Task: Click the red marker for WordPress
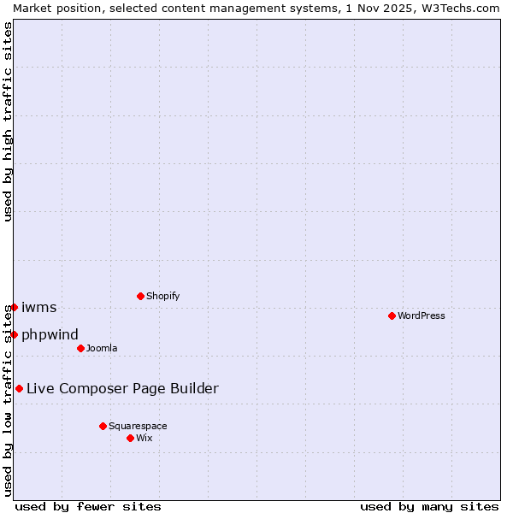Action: [x=392, y=315]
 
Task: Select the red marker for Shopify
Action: [x=140, y=296]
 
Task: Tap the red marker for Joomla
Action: [x=80, y=348]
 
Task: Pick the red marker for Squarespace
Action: [x=103, y=426]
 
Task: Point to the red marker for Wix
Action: [x=130, y=438]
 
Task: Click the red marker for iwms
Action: [x=14, y=307]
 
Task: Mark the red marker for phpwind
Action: [x=14, y=334]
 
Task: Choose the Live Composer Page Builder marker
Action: [x=19, y=388]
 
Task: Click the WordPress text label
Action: [x=422, y=315]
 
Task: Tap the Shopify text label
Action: [x=162, y=296]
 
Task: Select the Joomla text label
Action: [x=102, y=348]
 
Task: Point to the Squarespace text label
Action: [x=138, y=426]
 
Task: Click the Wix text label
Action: [x=144, y=438]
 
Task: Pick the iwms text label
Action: [x=38, y=307]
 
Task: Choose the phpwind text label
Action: [x=50, y=334]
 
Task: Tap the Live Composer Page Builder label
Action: [x=122, y=388]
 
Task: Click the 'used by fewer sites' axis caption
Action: [x=88, y=506]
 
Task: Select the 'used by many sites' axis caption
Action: [x=429, y=506]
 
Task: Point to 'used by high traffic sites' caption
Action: [x=8, y=122]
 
